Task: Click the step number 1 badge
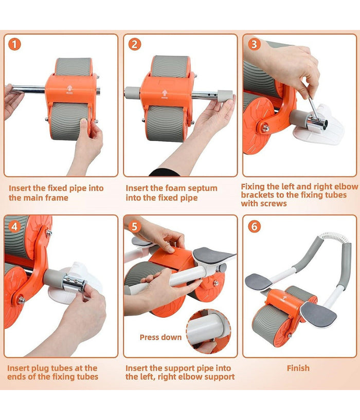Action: (x=14, y=44)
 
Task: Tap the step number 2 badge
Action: (x=134, y=44)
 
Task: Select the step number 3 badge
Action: (x=254, y=44)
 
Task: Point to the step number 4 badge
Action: (x=14, y=227)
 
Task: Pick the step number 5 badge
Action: (x=134, y=227)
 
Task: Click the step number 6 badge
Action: (x=254, y=227)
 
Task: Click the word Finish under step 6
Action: (x=298, y=368)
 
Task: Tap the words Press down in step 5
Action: (x=160, y=337)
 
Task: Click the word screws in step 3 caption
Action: (x=274, y=204)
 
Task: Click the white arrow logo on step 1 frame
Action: (x=70, y=89)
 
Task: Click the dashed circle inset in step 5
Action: (x=209, y=332)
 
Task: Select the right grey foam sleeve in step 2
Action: (x=225, y=95)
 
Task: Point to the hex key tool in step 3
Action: (x=313, y=110)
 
